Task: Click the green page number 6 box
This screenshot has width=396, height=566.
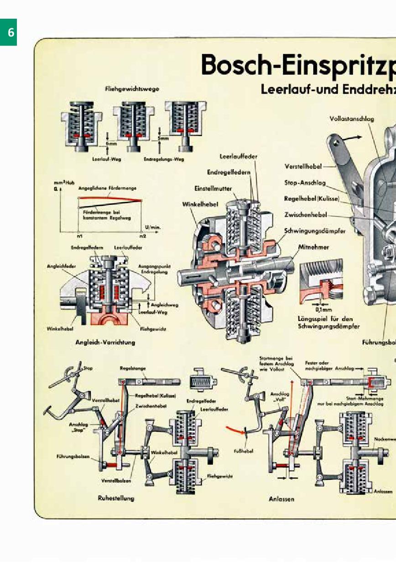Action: pos(8,32)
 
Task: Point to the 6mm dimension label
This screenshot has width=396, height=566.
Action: pos(111,143)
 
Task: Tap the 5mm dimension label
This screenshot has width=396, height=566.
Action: pos(163,138)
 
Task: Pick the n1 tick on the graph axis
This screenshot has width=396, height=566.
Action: pos(79,236)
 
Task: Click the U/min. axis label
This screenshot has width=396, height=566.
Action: pos(153,226)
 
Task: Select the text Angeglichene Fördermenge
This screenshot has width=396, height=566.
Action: pos(107,188)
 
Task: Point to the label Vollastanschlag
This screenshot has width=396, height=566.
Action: pos(351,119)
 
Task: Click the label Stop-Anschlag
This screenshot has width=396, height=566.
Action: pos(305,183)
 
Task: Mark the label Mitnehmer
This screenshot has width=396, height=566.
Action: pos(313,247)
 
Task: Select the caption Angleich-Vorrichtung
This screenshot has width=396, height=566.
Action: pos(105,342)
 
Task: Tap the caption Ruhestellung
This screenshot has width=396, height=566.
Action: pos(116,498)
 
